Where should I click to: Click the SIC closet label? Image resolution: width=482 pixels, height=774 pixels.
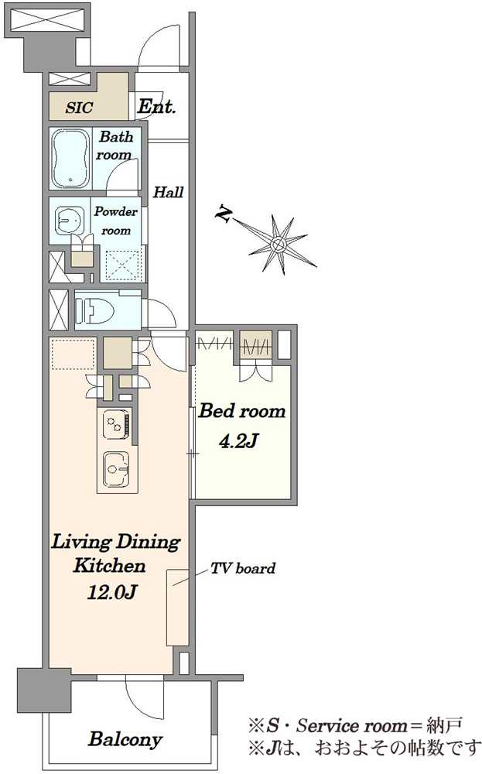coord(79,108)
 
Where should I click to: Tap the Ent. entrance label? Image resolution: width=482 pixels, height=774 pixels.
coord(156,106)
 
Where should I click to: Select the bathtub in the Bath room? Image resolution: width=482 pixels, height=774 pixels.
coord(70,159)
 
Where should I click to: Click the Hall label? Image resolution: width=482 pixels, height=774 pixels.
coord(168,192)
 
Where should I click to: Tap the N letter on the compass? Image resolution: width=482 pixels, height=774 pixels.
coord(224,213)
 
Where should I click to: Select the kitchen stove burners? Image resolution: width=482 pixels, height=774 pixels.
coord(116,424)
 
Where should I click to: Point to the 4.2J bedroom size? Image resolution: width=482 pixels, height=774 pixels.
coord(238,441)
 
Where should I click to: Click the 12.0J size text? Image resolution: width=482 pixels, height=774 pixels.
coord(111,591)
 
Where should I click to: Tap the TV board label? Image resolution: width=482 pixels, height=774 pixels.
coord(243,568)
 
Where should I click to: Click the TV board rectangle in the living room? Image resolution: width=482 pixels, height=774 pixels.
coord(177,607)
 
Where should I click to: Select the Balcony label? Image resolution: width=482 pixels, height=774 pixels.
coord(125,739)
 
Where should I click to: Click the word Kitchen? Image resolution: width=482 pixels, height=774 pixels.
coord(110,566)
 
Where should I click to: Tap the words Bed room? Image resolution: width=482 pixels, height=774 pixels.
coord(241,411)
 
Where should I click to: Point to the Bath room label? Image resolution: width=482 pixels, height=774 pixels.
coord(115,146)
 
